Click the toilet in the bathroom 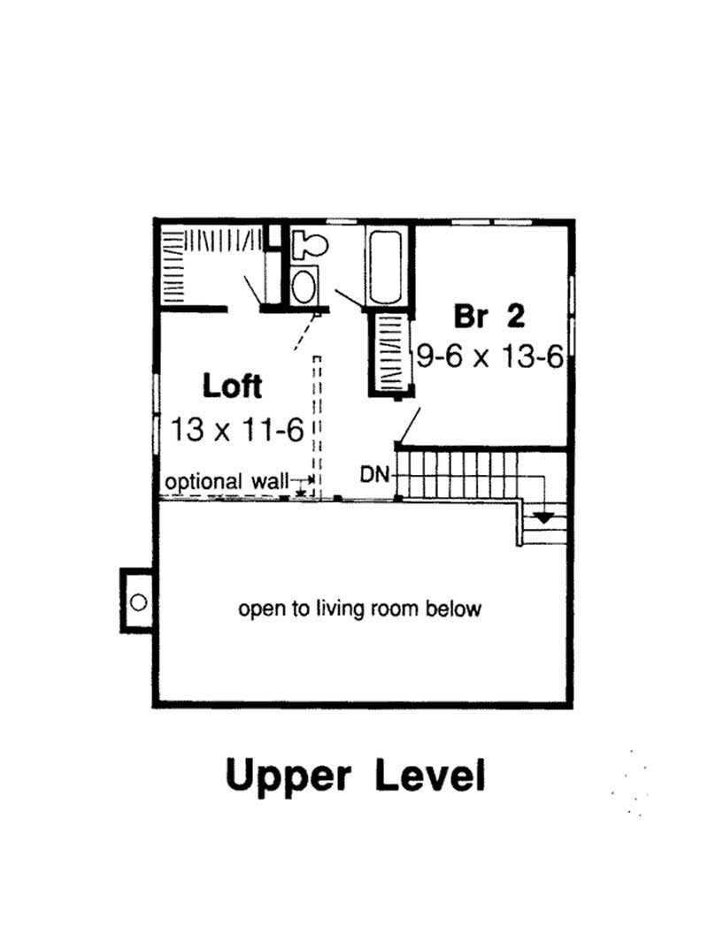click(x=310, y=241)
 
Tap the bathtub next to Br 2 click(x=389, y=266)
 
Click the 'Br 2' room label click(x=489, y=316)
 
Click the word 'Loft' click(x=233, y=387)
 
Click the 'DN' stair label click(x=374, y=474)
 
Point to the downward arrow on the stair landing click(x=543, y=517)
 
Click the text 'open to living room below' click(x=359, y=609)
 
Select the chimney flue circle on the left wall click(x=138, y=601)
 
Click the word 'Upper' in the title click(x=289, y=776)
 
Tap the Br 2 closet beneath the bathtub click(x=390, y=352)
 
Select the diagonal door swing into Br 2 click(x=409, y=424)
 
